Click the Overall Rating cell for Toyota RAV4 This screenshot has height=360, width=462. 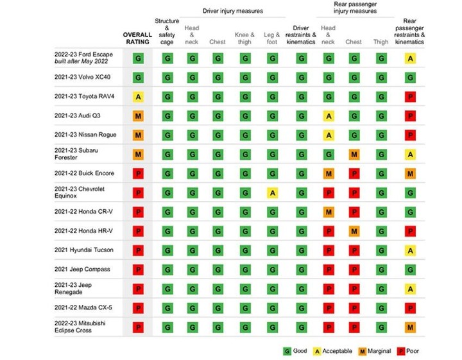pyautogui.click(x=137, y=97)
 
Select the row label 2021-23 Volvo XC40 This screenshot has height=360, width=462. pyautogui.click(x=80, y=78)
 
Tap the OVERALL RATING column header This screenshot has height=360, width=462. pyautogui.click(x=137, y=37)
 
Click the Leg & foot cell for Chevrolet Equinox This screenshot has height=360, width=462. pyautogui.click(x=272, y=193)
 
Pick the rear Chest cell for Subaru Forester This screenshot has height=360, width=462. pyautogui.click(x=354, y=154)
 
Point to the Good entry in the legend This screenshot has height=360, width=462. pyautogui.click(x=296, y=350)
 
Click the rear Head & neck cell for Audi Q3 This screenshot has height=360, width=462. pyautogui.click(x=328, y=116)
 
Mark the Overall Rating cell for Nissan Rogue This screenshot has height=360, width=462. pyautogui.click(x=137, y=135)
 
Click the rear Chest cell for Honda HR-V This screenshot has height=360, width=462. pyautogui.click(x=354, y=231)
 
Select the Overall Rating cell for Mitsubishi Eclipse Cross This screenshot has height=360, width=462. pyautogui.click(x=137, y=327)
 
